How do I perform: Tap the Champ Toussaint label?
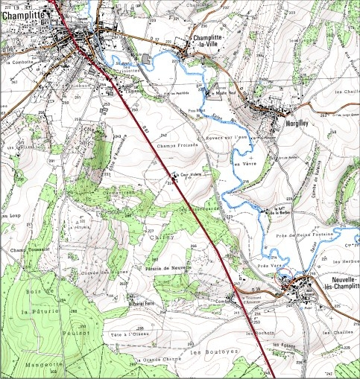(31, 249)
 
